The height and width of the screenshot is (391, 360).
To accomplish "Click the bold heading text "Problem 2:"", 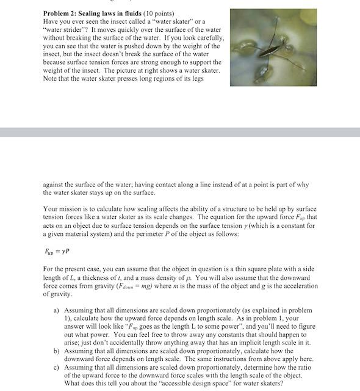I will [61, 13].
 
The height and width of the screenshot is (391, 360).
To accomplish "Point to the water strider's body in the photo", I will [273, 44].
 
